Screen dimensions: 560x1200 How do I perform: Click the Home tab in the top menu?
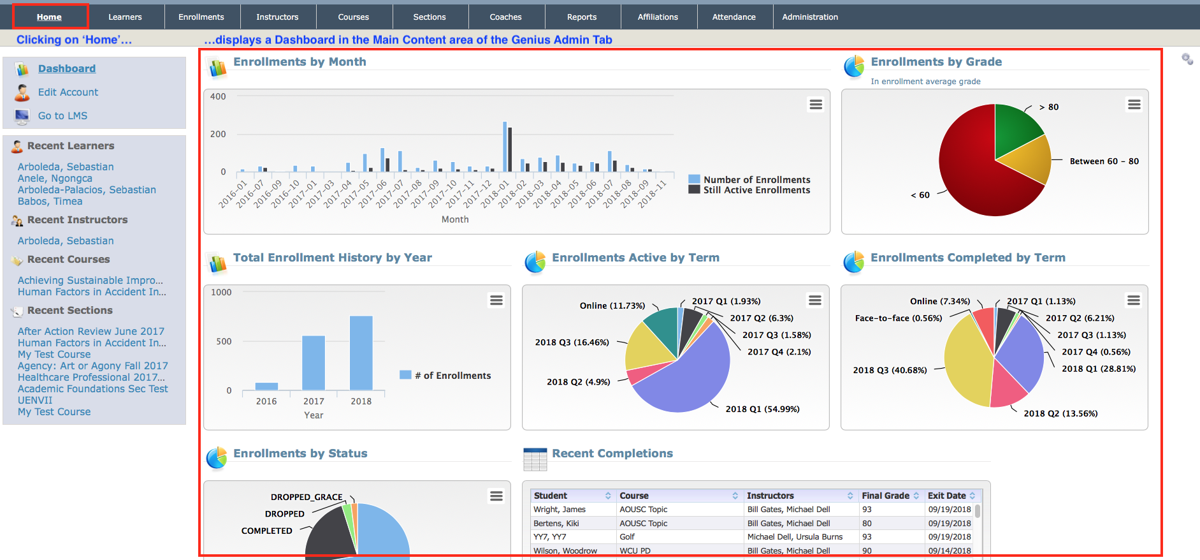(49, 17)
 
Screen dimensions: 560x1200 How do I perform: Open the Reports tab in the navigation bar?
(582, 17)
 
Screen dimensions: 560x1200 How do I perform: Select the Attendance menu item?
(734, 17)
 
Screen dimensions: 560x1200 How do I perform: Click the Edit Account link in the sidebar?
(68, 92)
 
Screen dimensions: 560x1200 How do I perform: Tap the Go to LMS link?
(62, 116)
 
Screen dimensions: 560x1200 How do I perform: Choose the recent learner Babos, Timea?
(50, 202)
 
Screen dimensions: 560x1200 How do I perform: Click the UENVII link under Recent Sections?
(35, 401)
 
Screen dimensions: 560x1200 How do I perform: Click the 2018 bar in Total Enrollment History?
(361, 353)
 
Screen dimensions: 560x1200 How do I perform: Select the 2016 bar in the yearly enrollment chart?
(266, 386)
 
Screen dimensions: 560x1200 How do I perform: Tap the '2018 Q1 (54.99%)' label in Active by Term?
(762, 409)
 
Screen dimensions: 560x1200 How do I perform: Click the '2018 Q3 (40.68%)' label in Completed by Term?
(890, 371)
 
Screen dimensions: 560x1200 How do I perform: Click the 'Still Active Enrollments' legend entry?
(756, 190)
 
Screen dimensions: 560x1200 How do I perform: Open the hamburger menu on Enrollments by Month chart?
(816, 105)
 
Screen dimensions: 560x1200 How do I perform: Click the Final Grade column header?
(885, 496)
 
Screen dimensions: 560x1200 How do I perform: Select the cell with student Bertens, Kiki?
(556, 524)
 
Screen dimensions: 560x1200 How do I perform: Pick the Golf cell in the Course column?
(627, 537)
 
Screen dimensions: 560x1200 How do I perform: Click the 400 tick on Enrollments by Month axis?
(218, 97)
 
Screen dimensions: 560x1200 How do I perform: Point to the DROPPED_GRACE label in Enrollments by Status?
(307, 497)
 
